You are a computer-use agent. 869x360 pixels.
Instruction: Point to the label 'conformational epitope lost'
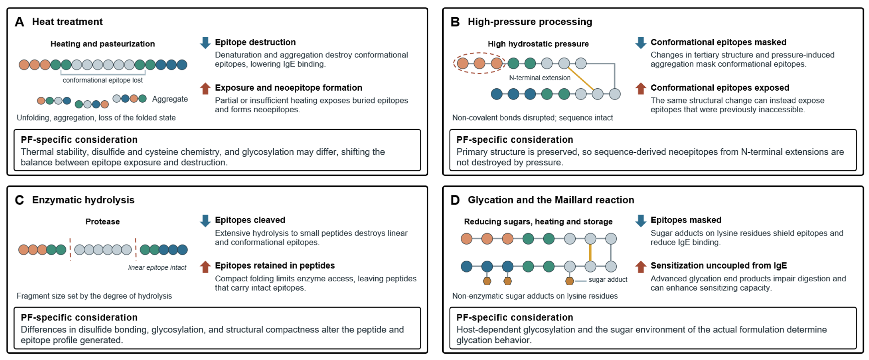[x=103, y=80]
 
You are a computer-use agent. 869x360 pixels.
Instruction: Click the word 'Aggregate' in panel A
[x=170, y=99]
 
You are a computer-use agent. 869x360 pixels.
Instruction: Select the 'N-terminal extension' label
[x=540, y=78]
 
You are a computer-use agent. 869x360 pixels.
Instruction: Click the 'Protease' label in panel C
[x=103, y=222]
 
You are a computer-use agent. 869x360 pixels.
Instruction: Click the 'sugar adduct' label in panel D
[x=608, y=280]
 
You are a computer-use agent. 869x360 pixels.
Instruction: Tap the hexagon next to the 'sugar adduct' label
[x=569, y=281]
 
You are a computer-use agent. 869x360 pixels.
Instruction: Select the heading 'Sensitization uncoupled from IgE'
[x=719, y=266]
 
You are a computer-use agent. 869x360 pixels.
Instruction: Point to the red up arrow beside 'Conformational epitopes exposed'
[x=641, y=88]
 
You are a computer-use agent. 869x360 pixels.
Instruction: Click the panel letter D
[x=455, y=200]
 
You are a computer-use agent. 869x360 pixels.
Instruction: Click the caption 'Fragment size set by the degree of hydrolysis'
[x=94, y=296]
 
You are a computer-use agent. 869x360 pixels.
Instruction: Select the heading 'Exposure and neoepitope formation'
[x=288, y=88]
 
